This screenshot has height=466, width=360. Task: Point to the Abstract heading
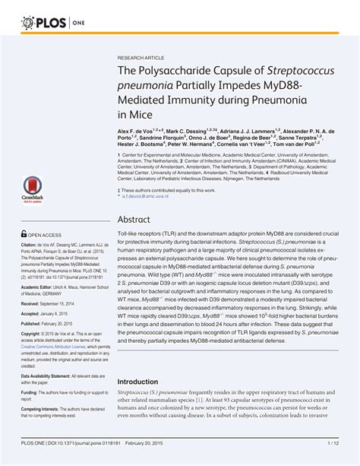[134, 218]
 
